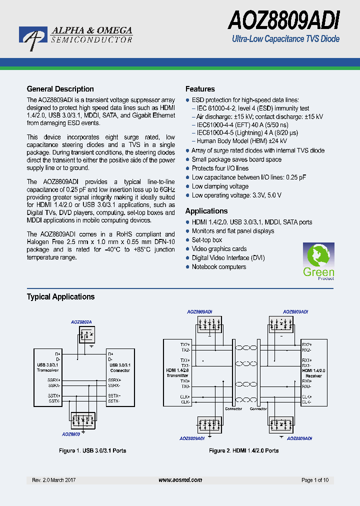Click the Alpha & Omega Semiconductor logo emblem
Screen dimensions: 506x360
click(x=33, y=38)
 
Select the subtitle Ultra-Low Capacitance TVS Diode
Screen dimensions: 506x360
click(x=286, y=39)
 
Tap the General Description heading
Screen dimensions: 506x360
click(x=60, y=89)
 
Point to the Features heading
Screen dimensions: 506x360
click(x=200, y=89)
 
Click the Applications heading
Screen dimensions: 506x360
click(x=206, y=211)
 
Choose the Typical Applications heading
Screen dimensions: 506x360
click(x=60, y=296)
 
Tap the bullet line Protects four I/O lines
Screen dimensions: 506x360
click(x=220, y=168)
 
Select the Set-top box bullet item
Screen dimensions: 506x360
click(x=207, y=240)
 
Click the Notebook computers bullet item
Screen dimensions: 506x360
click(x=219, y=267)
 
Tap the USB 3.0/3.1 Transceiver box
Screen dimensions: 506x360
click(x=48, y=367)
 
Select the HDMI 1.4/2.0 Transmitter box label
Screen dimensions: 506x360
click(x=177, y=372)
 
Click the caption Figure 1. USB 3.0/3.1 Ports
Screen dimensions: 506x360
click(x=92, y=450)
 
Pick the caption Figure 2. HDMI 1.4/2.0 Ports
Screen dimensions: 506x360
click(x=243, y=450)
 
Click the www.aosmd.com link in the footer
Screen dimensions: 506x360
click(x=180, y=480)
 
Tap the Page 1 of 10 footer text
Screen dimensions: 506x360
click(x=315, y=480)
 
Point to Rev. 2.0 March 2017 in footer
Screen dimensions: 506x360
click(x=54, y=480)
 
